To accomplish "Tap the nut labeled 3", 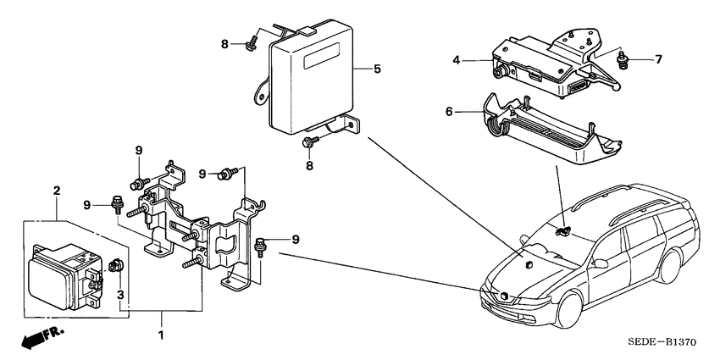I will click(x=116, y=268).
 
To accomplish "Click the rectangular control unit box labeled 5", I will click(x=309, y=76).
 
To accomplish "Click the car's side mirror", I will click(x=601, y=262).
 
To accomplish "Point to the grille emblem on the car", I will click(x=502, y=297).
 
